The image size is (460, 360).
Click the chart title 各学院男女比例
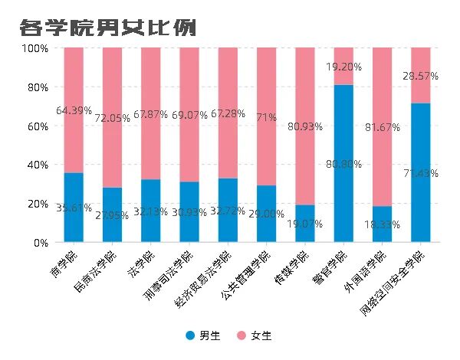coord(108,28)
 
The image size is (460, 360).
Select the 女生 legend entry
coord(254,335)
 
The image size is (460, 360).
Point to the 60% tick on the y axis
coord(36,126)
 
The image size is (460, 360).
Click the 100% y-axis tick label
coord(34,47)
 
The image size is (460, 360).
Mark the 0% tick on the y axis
coord(39,243)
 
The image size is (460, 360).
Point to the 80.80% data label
coord(343,163)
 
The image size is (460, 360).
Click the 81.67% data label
coord(382,126)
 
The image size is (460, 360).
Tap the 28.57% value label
coord(421,76)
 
